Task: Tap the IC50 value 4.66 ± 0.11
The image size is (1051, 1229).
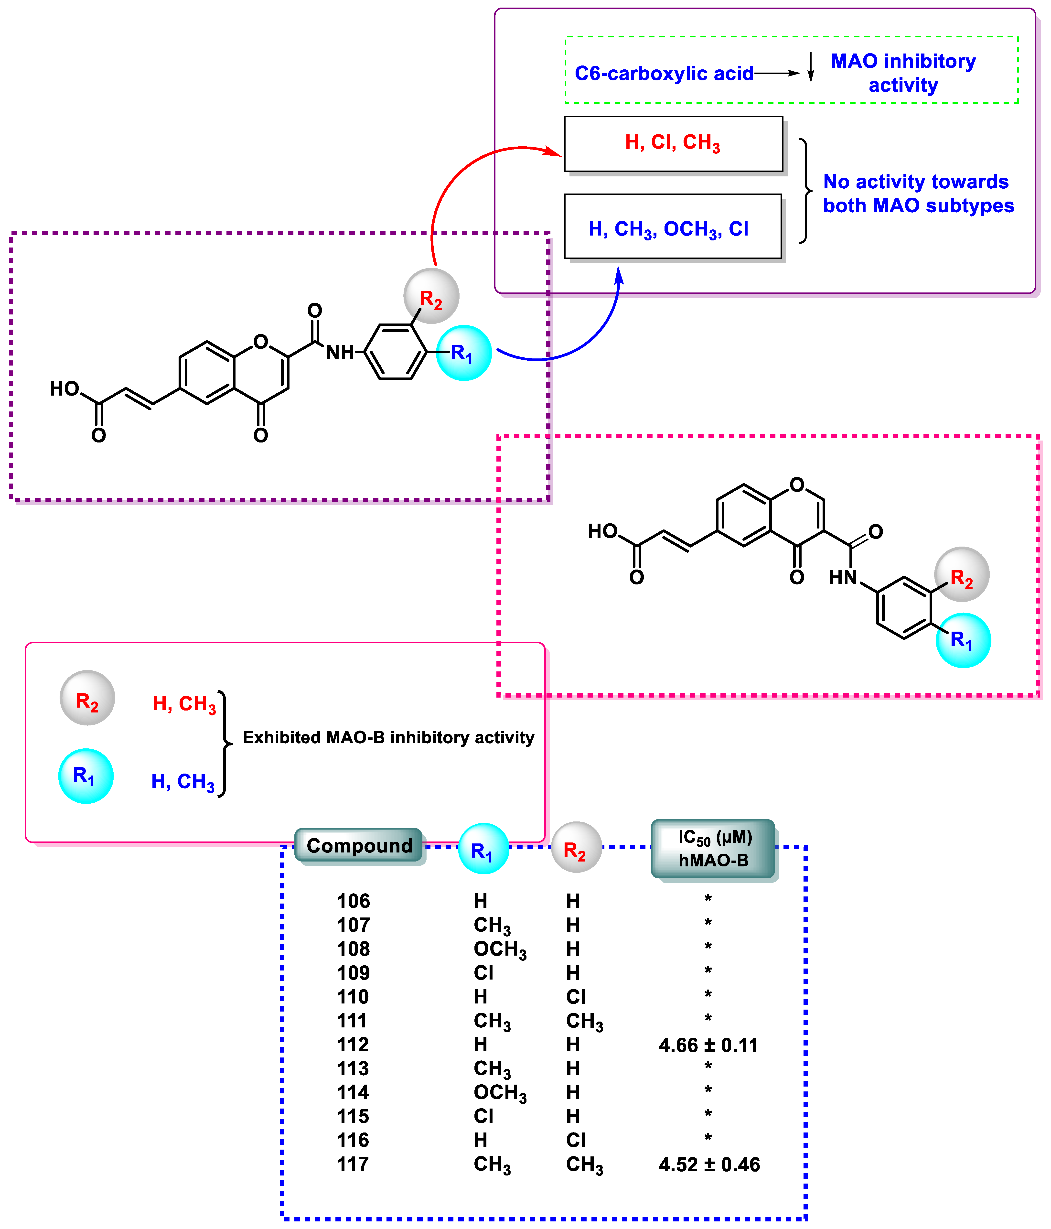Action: (708, 1045)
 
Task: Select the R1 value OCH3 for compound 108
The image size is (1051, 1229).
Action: (499, 950)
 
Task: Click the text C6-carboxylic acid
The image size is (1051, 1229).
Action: (664, 74)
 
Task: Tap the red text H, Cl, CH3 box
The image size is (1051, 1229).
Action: (673, 143)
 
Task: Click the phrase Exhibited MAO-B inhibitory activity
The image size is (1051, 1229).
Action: (388, 737)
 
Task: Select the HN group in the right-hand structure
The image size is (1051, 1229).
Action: (843, 577)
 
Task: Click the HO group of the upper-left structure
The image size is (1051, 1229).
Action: (64, 389)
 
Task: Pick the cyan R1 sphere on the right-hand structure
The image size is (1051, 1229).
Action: (963, 640)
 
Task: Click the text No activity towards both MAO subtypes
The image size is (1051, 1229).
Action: (918, 193)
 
